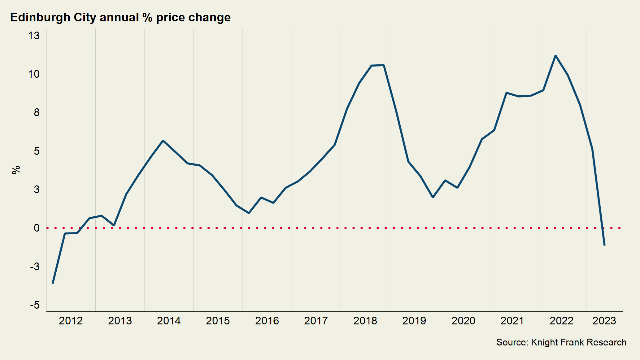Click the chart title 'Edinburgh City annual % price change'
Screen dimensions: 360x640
(120, 17)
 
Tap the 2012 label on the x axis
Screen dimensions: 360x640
(71, 321)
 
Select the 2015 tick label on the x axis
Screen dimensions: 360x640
(218, 321)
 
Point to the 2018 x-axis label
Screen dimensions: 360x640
(365, 321)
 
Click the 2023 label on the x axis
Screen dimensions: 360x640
(604, 321)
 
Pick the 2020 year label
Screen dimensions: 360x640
(463, 321)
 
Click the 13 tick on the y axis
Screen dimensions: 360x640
(34, 36)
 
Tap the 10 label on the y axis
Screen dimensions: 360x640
(34, 74)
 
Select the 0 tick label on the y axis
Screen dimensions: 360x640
(37, 228)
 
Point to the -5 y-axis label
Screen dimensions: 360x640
(35, 305)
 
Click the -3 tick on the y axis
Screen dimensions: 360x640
(35, 267)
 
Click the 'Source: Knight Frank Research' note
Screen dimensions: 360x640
(561, 342)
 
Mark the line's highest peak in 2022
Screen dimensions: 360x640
(555, 56)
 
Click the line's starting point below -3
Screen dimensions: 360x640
(53, 283)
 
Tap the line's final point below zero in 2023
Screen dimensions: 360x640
(604, 245)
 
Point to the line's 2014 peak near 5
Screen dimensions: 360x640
(163, 141)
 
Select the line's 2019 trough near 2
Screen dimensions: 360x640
(433, 197)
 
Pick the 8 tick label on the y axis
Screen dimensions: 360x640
(37, 113)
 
